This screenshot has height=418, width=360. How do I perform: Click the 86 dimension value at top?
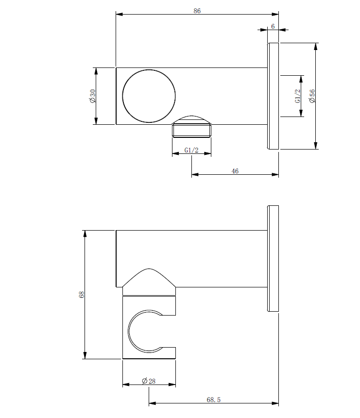pyautogui.click(x=197, y=11)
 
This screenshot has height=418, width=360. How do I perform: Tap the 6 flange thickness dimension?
pyautogui.click(x=273, y=27)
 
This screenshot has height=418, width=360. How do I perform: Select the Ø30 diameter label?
pyautogui.click(x=92, y=96)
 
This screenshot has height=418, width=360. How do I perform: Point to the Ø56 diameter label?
pyautogui.click(x=312, y=96)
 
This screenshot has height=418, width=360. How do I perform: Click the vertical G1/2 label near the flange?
pyautogui.click(x=298, y=96)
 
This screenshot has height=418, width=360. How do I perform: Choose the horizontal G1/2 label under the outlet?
pyautogui.click(x=192, y=150)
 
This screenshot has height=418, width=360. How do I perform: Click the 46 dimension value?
pyautogui.click(x=235, y=171)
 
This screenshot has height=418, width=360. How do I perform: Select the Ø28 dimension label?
pyautogui.click(x=149, y=381)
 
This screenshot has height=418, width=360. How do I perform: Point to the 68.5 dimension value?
pyautogui.click(x=214, y=400)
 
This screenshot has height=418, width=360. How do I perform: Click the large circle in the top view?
pyautogui.click(x=149, y=96)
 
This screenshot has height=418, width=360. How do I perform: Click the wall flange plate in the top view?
pyautogui.click(x=273, y=96)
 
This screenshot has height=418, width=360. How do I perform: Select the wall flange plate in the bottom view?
pyautogui.click(x=273, y=258)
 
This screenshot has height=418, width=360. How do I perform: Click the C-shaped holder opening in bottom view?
pyautogui.click(x=146, y=330)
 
